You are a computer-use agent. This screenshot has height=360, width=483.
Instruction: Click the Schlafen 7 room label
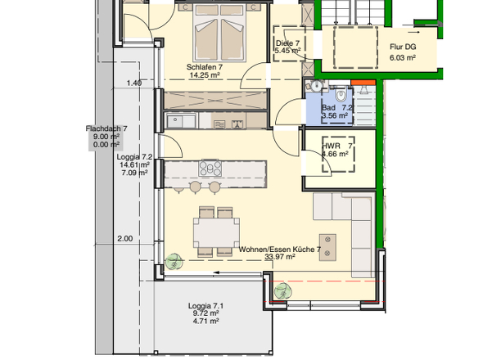pyautogui.click(x=205, y=67)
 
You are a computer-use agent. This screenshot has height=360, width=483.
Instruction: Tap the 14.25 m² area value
pyautogui.click(x=205, y=74)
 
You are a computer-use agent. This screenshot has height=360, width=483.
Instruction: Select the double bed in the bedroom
pyautogui.click(x=219, y=33)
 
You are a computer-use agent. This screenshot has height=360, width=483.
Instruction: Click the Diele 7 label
pyautogui.click(x=287, y=43)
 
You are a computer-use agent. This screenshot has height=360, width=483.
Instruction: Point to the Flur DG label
pyautogui.click(x=403, y=47)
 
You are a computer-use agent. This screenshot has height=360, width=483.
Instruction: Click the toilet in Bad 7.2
pyautogui.click(x=341, y=95)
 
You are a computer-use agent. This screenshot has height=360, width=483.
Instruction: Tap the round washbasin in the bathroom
pyautogui.click(x=315, y=86)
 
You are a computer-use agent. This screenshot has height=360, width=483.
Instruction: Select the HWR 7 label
pyautogui.click(x=337, y=146)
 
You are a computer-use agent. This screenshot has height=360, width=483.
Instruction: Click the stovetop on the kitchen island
pyautogui.click(x=210, y=169)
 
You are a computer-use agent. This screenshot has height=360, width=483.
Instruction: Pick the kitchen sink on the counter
pyautogui.click(x=182, y=120)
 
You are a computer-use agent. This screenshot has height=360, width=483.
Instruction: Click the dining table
pyautogui.click(x=217, y=232)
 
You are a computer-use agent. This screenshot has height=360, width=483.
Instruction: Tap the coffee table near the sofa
pyautogui.click(x=327, y=248)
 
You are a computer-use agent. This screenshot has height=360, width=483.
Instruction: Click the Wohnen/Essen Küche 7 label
pyautogui.click(x=280, y=250)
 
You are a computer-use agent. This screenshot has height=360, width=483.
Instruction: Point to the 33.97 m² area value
pyautogui.click(x=280, y=257)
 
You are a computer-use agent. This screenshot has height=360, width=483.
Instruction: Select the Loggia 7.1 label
pyautogui.click(x=205, y=306)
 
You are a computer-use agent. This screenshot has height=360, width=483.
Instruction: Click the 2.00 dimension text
pyautogui.click(x=125, y=239)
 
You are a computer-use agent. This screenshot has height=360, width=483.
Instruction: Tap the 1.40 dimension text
pyautogui.click(x=134, y=83)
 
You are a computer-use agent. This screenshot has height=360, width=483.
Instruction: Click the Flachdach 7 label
pyautogui.click(x=106, y=128)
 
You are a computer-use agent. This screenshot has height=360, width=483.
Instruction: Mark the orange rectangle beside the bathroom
pyautogui.click(x=363, y=83)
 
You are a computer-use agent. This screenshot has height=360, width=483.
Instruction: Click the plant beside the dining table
pyautogui.click(x=174, y=262)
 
